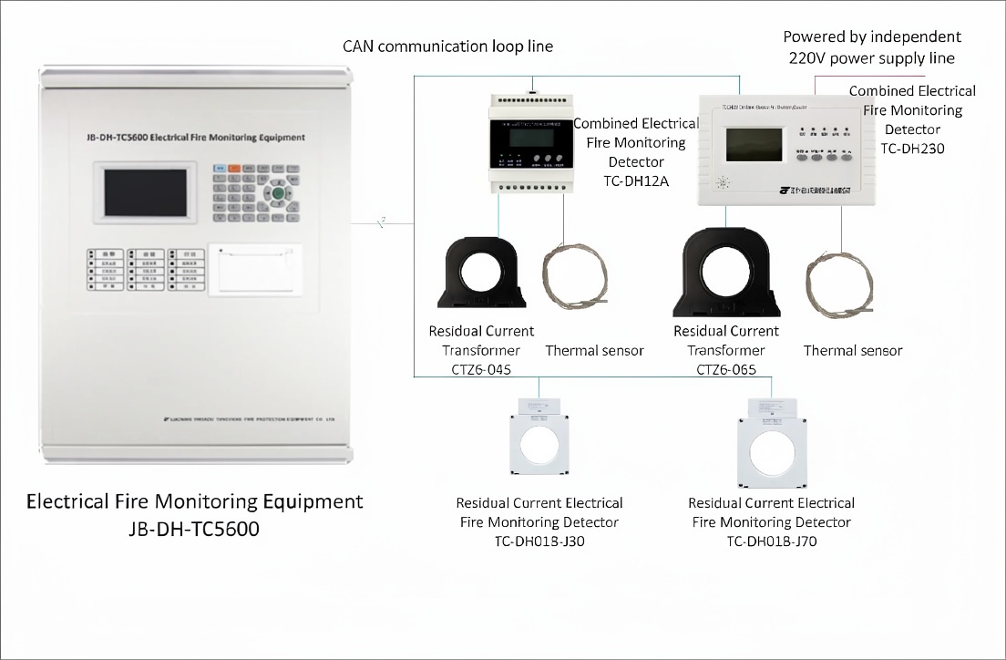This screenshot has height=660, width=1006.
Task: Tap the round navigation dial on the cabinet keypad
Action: [280, 193]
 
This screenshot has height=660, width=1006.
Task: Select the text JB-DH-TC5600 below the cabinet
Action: [194, 529]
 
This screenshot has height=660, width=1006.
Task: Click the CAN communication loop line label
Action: [447, 46]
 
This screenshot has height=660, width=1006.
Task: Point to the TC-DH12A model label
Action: [636, 180]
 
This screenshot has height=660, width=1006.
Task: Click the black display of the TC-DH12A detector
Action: [533, 136]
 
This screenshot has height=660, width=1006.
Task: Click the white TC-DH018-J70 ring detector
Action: [773, 447]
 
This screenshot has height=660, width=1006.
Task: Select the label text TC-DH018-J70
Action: [771, 542]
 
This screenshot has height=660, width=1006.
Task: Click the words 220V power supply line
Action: [871, 58]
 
